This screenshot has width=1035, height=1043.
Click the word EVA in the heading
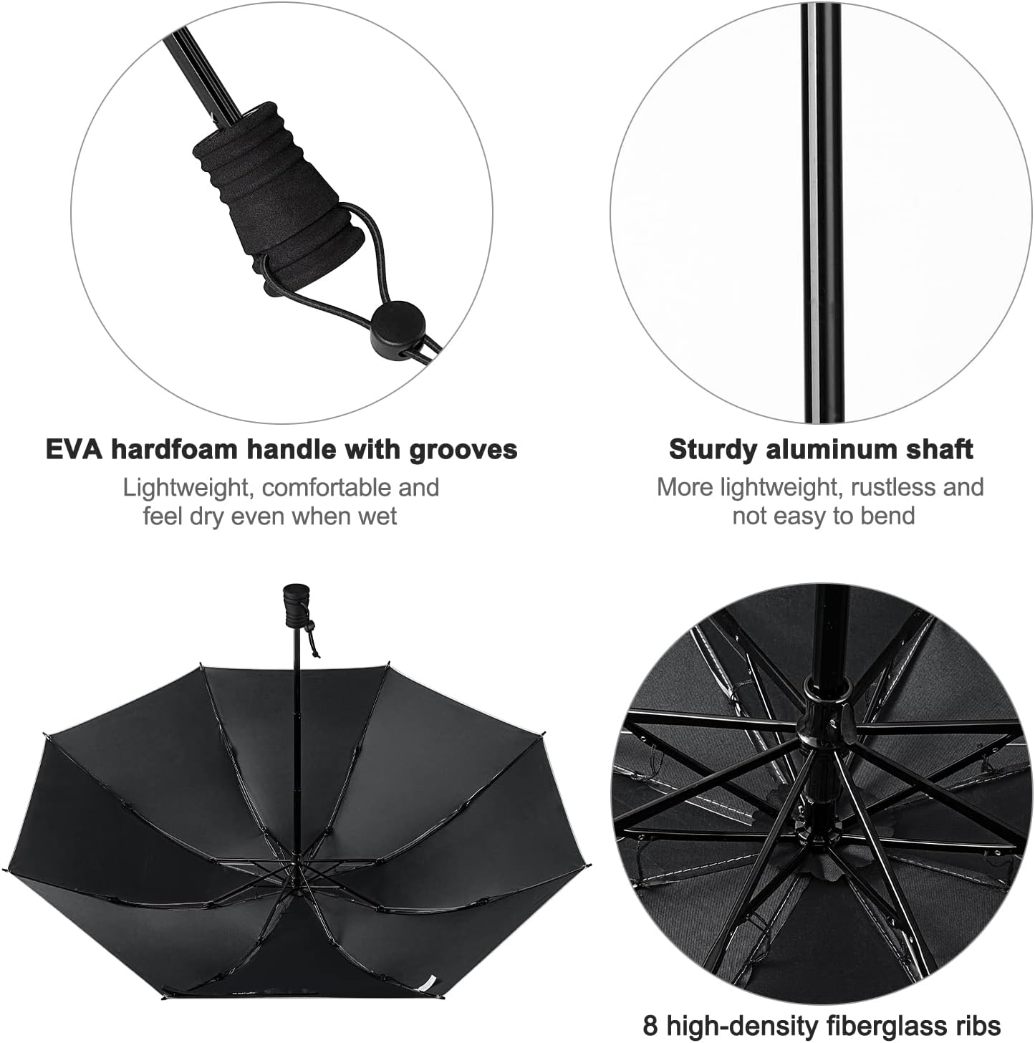click(x=74, y=449)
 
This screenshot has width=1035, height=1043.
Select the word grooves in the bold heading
click(x=463, y=451)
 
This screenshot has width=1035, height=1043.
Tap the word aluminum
click(x=828, y=449)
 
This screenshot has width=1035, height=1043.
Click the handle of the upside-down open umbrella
click(x=296, y=606)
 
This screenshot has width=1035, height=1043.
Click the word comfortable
click(x=327, y=488)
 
